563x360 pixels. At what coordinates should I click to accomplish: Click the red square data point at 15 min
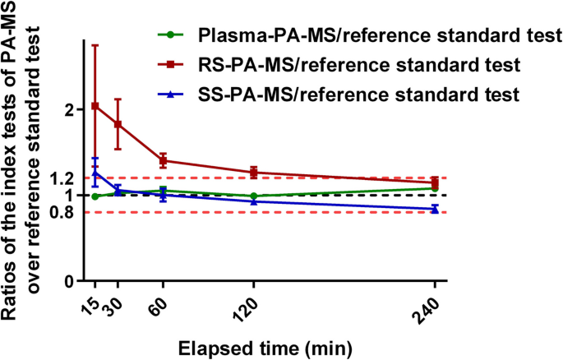(x=95, y=106)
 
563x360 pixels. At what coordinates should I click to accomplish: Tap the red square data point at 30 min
(x=118, y=124)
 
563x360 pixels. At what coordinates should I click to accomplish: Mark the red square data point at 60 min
(x=164, y=161)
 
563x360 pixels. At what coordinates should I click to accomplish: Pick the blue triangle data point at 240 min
(x=434, y=209)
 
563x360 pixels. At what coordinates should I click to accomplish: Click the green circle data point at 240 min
(x=434, y=188)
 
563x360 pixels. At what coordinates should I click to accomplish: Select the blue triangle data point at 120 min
(x=254, y=201)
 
